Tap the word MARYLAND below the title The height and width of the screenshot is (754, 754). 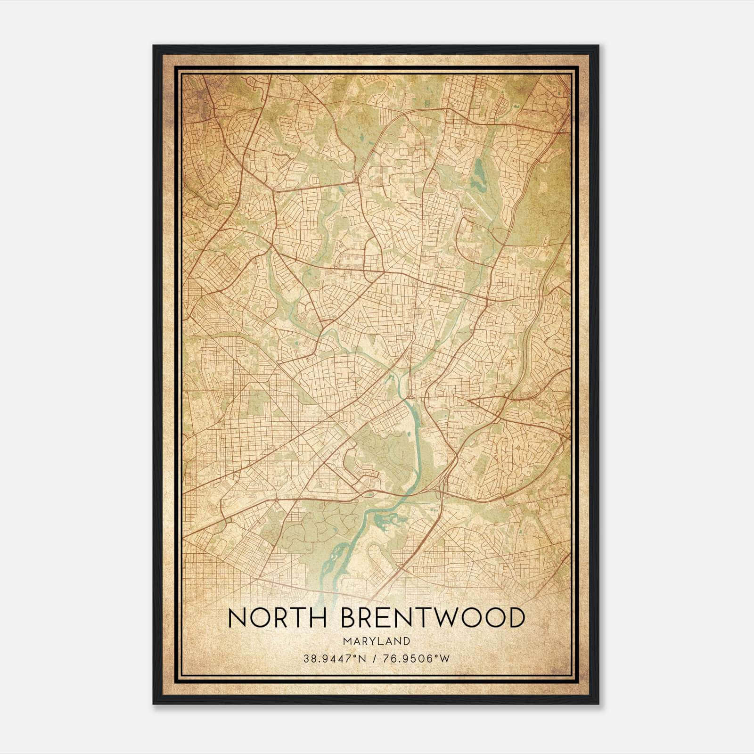point(377,641)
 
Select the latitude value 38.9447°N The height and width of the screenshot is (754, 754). point(334,658)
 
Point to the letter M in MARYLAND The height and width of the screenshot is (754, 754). point(347,641)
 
